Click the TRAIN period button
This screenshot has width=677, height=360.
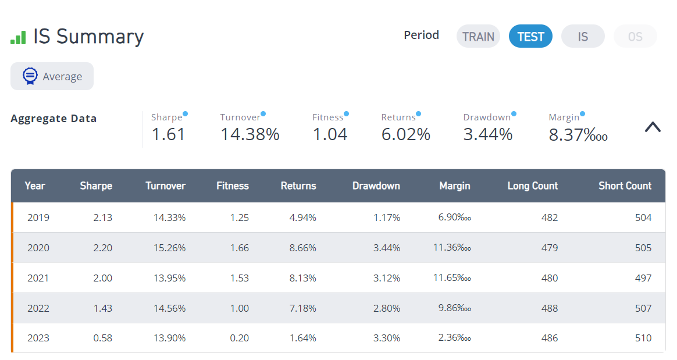coord(478,36)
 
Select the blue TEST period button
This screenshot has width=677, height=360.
coord(530,36)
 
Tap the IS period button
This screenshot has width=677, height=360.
coord(583,36)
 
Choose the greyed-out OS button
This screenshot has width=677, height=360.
coord(635,36)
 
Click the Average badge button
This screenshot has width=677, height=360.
coord(52,76)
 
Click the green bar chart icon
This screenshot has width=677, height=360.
coord(18,38)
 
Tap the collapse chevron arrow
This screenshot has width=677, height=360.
coord(653,127)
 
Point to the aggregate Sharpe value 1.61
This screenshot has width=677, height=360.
coord(169,134)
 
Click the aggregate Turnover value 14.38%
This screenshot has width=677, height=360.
coord(250,134)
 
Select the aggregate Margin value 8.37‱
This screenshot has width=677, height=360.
coord(578,135)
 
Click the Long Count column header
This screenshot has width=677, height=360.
coord(532,186)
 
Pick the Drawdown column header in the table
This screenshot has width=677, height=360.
coord(376,186)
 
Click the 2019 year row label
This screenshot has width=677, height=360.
coord(38,218)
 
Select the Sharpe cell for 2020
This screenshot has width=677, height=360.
coord(103,248)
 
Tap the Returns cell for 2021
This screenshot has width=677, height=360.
coord(302,278)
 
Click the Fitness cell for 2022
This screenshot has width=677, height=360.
coord(239,308)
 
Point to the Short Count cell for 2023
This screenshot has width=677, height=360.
coord(643,338)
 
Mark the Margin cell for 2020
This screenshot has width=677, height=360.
coord(452,247)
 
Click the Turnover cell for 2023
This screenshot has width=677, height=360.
coord(170,338)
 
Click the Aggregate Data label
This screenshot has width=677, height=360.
coord(54,119)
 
